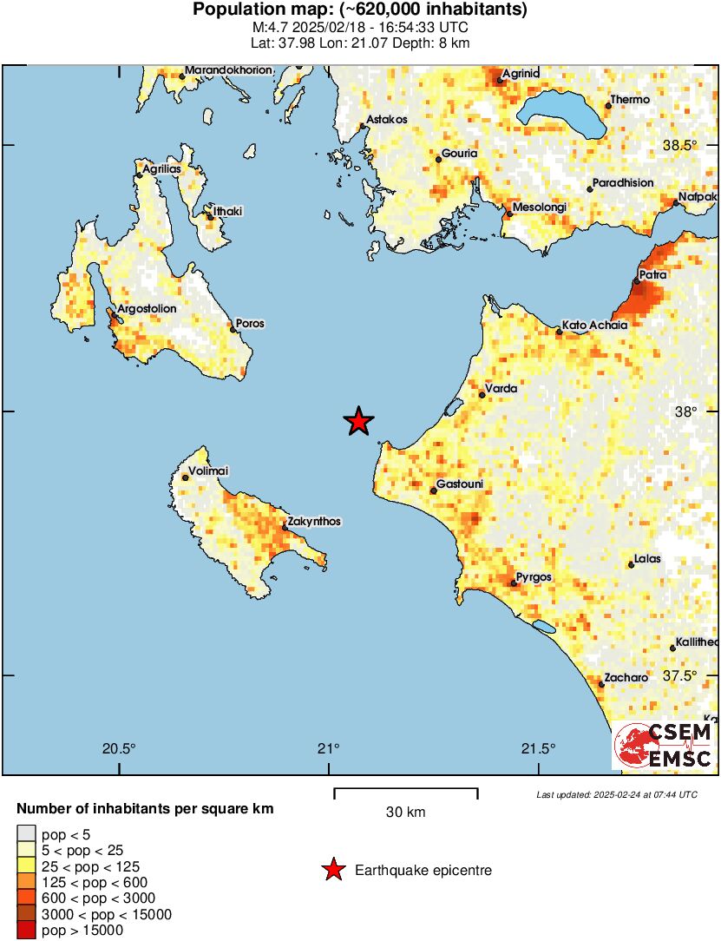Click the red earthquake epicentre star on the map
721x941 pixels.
358,422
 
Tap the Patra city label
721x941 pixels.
652,275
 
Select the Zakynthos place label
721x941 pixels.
312,522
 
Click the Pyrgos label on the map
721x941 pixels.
534,577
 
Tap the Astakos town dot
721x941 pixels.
363,127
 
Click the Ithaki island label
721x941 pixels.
229,211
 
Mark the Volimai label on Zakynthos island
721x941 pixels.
208,470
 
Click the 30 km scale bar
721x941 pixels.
405,790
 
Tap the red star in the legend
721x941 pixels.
332,870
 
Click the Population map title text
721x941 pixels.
360,10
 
